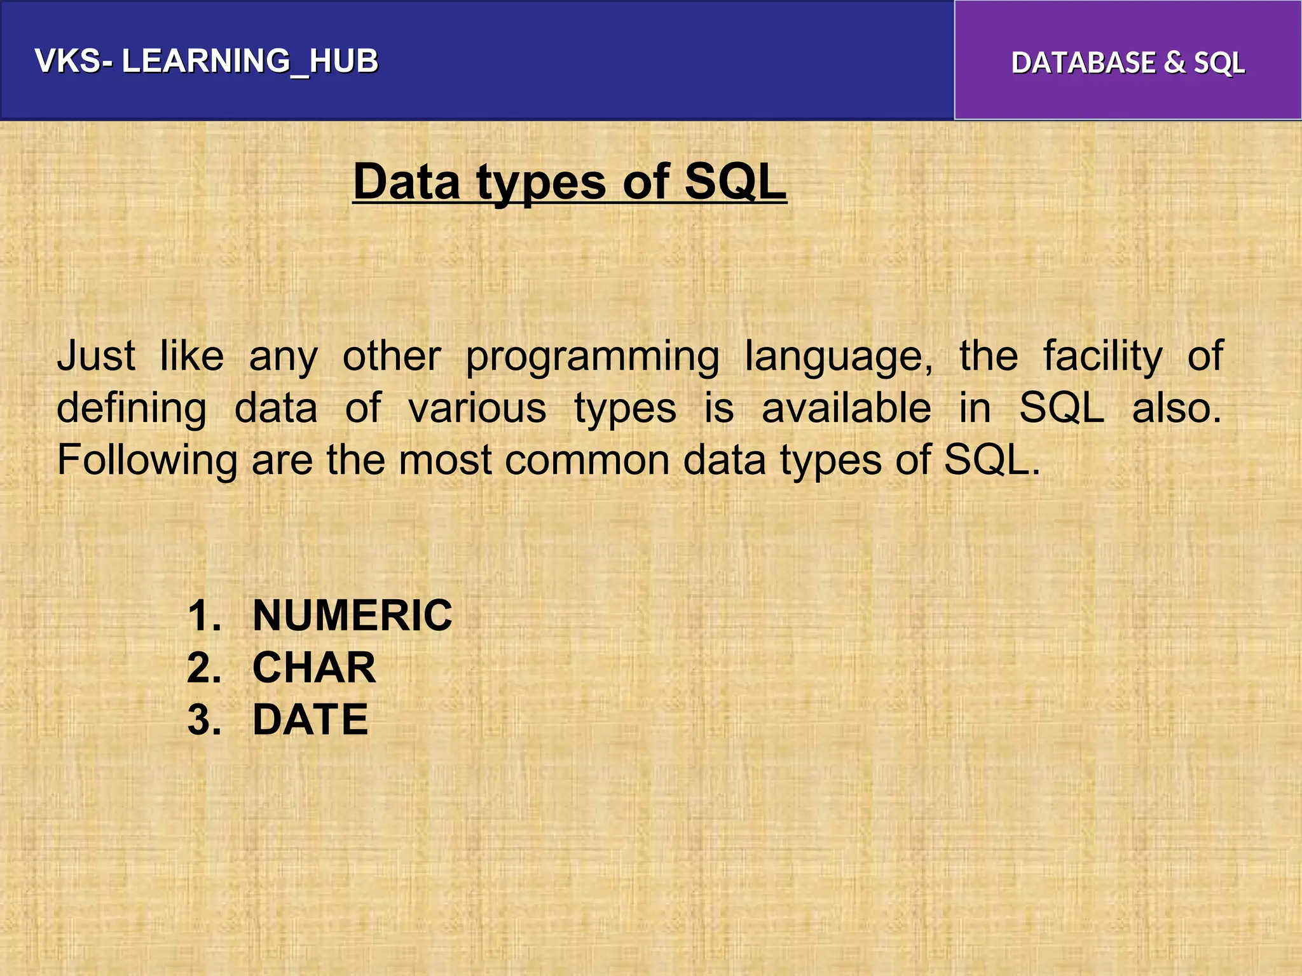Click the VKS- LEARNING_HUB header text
pyautogui.click(x=207, y=61)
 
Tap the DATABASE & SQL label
pyautogui.click(x=1128, y=63)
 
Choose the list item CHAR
pyautogui.click(x=314, y=668)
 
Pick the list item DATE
pyautogui.click(x=310, y=720)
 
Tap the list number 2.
pyautogui.click(x=204, y=668)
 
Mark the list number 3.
pyautogui.click(x=204, y=720)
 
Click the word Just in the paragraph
pyautogui.click(x=96, y=356)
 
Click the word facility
pyautogui.click(x=1103, y=357)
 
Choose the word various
pyautogui.click(x=477, y=408)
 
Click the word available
pyautogui.click(x=846, y=408)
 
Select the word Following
pyautogui.click(x=147, y=461)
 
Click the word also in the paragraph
pyautogui.click(x=1176, y=408)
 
